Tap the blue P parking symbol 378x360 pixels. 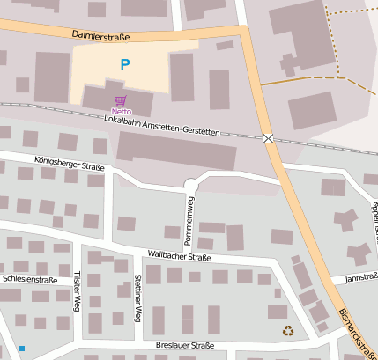[124, 64]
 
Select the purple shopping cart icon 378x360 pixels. [121, 100]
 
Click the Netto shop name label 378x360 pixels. [121, 112]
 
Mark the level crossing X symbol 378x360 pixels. [268, 138]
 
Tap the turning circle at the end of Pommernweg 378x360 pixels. [190, 184]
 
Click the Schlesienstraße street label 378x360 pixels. [30, 279]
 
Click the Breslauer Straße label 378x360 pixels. [184, 346]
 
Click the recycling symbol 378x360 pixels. [287, 331]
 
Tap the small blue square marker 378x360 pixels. [21, 348]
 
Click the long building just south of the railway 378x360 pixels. [176, 152]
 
